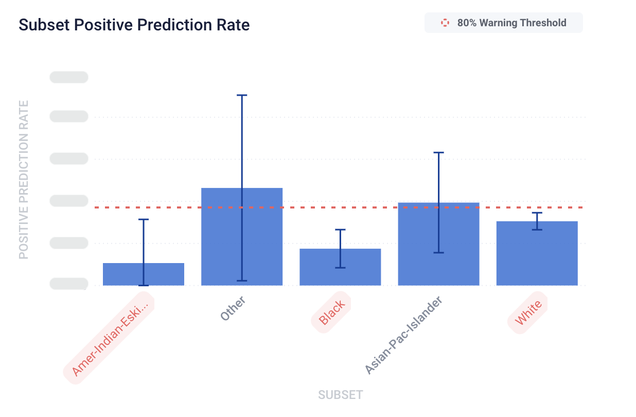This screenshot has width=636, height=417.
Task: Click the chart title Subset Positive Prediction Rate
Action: tap(134, 25)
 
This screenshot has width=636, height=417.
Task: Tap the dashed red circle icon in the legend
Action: tap(445, 23)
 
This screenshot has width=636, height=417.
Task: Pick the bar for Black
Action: tap(340, 267)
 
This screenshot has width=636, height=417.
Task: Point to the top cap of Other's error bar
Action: tap(242, 95)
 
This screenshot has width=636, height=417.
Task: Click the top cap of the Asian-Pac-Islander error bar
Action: tap(438, 152)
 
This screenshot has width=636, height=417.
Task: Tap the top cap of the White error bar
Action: tap(537, 213)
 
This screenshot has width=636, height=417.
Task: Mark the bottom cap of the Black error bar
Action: tap(340, 268)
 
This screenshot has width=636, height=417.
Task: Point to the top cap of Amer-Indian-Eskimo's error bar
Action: tap(144, 219)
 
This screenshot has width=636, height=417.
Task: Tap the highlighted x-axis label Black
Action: tap(331, 312)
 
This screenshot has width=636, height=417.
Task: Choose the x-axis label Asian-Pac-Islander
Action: tap(403, 335)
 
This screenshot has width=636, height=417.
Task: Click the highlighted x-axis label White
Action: tap(528, 312)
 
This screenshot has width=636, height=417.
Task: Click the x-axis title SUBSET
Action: tap(340, 395)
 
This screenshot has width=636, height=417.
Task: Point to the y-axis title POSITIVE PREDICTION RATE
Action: tap(24, 180)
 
